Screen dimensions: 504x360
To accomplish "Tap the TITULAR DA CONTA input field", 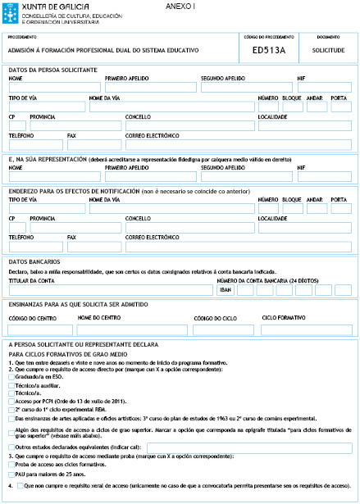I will point(110,289).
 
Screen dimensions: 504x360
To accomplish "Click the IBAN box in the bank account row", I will point(226,290).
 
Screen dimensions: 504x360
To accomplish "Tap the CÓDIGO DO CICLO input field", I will point(224,329).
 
